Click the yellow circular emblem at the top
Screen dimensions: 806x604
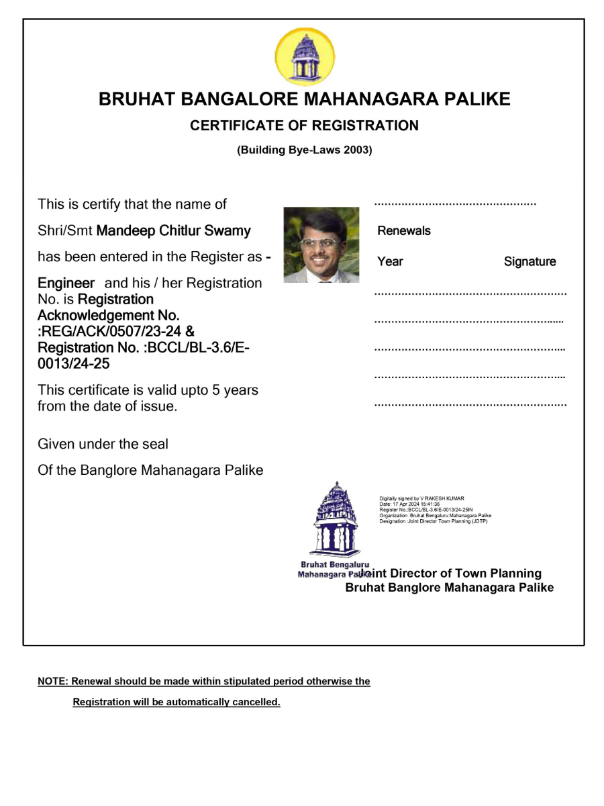(304, 57)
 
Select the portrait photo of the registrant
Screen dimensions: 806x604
(321, 244)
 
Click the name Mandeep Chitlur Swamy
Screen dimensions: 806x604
(174, 231)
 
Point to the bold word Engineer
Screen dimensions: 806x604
(66, 283)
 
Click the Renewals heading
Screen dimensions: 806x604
(404, 231)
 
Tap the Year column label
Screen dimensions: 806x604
(390, 262)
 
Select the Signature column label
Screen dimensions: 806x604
(530, 262)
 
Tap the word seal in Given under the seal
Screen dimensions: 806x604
(155, 444)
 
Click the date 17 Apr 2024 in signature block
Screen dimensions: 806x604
(405, 504)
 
